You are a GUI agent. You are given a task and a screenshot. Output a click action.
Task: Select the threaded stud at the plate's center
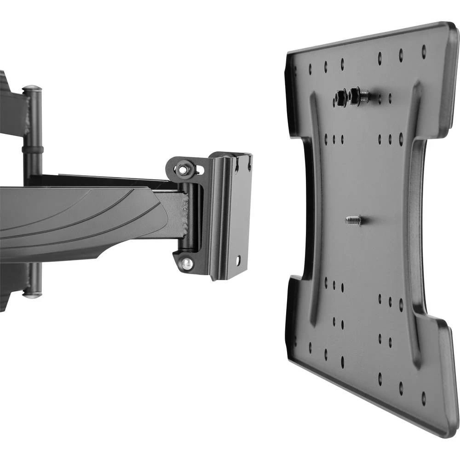[353, 220]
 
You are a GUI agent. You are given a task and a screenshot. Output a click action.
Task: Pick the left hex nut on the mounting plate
[341, 97]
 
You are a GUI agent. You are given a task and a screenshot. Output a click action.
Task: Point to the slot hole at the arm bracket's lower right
[238, 260]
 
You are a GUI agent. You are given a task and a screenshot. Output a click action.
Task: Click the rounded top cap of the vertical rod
[32, 89]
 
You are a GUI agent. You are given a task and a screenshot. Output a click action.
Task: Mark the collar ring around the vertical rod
[32, 149]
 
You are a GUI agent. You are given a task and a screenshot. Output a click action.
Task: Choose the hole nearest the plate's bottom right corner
[424, 398]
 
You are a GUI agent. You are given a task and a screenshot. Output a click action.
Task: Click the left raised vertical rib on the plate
[313, 207]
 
